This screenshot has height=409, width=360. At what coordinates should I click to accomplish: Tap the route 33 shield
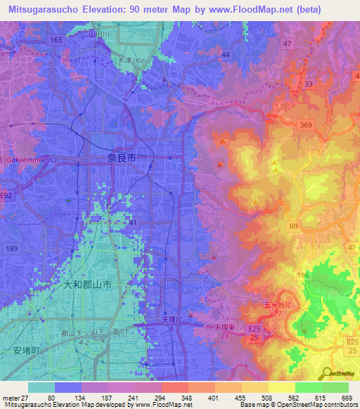308,84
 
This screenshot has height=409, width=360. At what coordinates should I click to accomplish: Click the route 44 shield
225,54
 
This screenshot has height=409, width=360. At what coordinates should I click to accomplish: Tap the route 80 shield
293,226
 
